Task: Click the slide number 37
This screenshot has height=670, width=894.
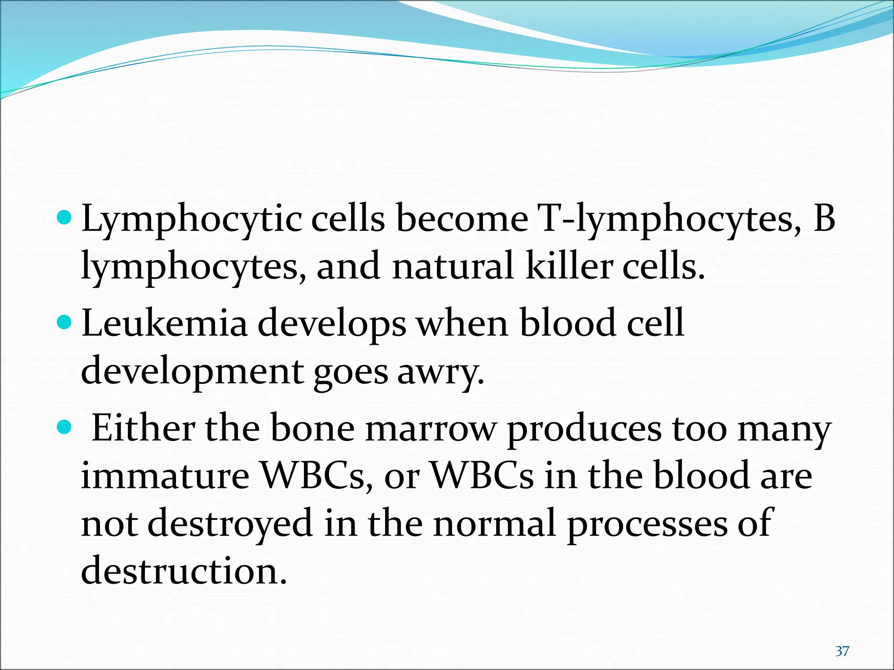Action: [842, 651]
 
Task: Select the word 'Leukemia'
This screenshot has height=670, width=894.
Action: [165, 324]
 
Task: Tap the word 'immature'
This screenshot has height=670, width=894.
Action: [165, 476]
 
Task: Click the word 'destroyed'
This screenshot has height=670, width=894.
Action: [230, 524]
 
